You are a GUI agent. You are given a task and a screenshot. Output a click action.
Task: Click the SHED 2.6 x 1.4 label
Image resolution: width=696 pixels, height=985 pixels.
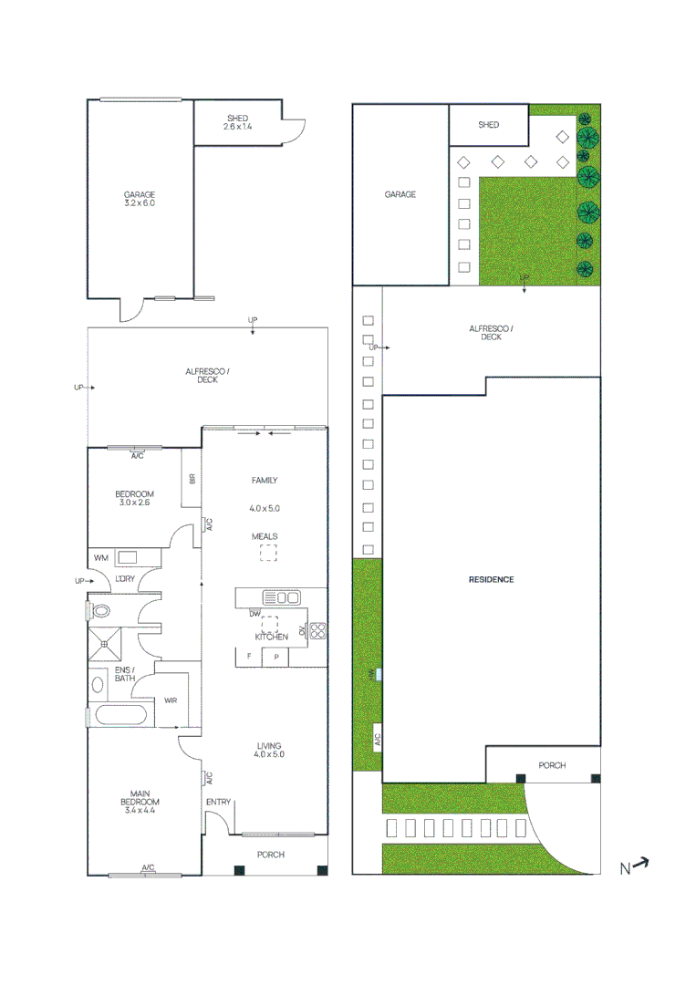[x=236, y=122]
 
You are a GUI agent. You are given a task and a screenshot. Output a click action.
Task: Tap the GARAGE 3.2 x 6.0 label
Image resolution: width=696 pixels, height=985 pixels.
[x=140, y=199]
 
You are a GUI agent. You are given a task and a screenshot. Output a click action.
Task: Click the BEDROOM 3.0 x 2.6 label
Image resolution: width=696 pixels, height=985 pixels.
[x=135, y=498]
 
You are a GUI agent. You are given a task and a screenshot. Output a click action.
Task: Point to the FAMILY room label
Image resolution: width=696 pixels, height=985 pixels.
[x=265, y=481]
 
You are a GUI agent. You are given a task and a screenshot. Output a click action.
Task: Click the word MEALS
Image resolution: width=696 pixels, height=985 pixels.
[x=265, y=536]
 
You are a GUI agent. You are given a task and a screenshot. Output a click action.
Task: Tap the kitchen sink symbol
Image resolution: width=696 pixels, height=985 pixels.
[x=281, y=598]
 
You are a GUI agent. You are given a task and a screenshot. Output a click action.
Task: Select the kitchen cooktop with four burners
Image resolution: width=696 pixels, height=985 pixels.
[x=317, y=630]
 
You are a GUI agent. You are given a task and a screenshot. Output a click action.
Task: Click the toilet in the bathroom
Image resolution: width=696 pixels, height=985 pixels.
[x=100, y=611]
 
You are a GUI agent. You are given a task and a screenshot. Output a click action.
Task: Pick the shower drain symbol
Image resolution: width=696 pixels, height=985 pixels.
[x=105, y=644]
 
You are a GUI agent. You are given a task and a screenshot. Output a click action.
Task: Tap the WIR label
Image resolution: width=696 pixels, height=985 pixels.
[x=171, y=700]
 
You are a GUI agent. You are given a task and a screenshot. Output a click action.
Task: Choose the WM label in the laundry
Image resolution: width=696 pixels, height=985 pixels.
[x=100, y=557]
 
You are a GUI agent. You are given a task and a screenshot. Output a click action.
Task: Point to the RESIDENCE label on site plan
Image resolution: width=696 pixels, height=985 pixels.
[x=491, y=579]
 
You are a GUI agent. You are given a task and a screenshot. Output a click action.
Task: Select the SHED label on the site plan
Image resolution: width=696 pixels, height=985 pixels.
[x=489, y=124]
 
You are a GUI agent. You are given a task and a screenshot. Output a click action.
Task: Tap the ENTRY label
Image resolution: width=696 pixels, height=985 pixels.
[x=218, y=802]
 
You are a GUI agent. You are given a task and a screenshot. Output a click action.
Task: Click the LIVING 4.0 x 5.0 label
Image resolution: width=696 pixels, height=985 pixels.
[x=269, y=750]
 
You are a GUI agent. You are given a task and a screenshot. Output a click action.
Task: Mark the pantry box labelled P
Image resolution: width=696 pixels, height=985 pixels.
[x=275, y=657]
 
